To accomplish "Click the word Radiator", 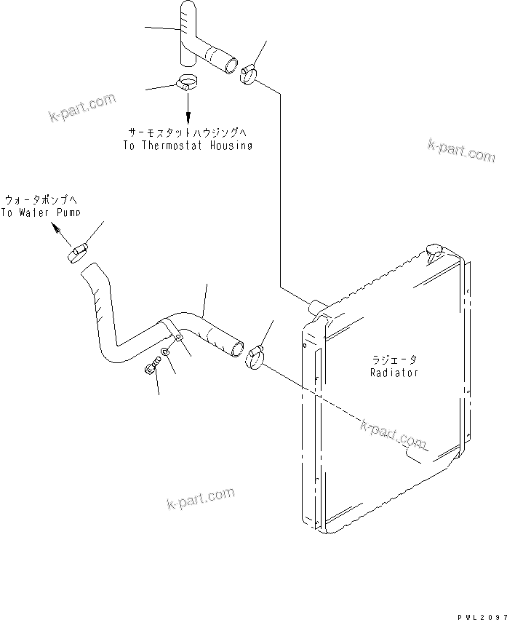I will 394,373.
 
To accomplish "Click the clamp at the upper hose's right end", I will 249,73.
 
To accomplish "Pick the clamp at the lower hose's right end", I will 255,357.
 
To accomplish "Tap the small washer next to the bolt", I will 166,352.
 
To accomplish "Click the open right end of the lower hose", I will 236,348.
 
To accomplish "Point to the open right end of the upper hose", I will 231,65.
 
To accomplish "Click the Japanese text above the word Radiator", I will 394,359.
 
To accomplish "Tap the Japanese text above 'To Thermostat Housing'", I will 188,132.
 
